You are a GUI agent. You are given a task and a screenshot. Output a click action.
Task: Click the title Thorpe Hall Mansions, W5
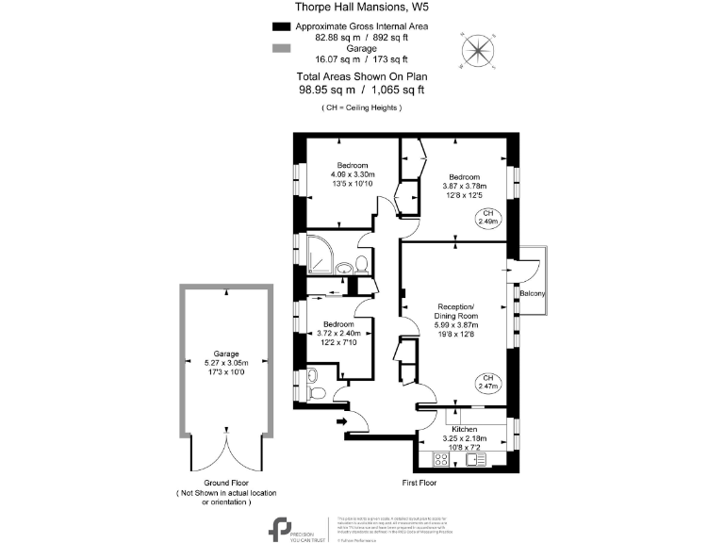361,8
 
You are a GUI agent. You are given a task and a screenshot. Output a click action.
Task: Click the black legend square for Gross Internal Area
279,27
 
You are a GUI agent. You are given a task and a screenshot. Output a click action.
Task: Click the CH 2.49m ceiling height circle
487,219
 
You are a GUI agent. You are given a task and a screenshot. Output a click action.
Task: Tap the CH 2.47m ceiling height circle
487,382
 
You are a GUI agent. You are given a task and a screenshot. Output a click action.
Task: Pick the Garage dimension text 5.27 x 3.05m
225,362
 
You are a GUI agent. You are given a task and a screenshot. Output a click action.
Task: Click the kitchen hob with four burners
439,460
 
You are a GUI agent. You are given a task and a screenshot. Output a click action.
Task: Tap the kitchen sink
473,460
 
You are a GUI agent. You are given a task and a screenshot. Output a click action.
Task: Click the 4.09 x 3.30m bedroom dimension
353,174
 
